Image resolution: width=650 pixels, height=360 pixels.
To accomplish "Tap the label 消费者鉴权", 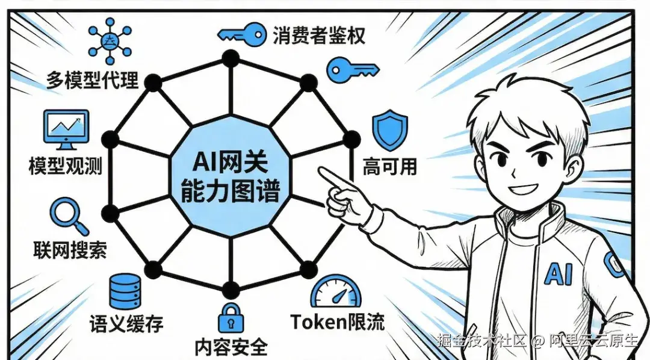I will [319, 35].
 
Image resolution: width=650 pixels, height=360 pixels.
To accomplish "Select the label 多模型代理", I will [93, 79].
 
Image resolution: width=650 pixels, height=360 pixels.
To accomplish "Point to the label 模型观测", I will [65, 165].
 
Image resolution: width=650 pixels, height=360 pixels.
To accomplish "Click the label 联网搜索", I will [70, 249].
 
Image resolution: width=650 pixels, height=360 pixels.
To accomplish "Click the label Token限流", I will [338, 321].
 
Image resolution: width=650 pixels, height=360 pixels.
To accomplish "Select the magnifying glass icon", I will [69, 216].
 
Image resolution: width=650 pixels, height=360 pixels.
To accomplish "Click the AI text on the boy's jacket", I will [558, 274].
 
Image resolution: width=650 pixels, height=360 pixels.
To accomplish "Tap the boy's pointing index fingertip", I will [321, 174].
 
